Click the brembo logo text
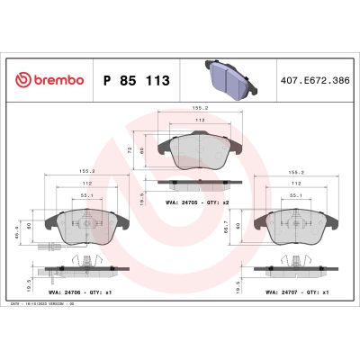coord(50,80)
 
